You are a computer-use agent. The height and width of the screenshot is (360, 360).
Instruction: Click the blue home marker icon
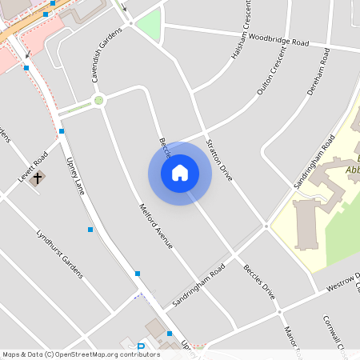[180, 173]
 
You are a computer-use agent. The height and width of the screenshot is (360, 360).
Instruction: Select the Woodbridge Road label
[278, 39]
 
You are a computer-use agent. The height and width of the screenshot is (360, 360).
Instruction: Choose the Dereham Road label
[318, 71]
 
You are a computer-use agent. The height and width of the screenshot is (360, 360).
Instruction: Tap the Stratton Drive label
[219, 158]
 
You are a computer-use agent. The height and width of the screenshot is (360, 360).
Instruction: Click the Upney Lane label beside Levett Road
[74, 175]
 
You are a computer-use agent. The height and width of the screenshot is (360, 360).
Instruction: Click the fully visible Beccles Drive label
[259, 282]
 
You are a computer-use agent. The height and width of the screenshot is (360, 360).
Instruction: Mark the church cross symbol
[37, 178]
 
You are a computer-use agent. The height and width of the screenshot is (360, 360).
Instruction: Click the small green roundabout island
[98, 100]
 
